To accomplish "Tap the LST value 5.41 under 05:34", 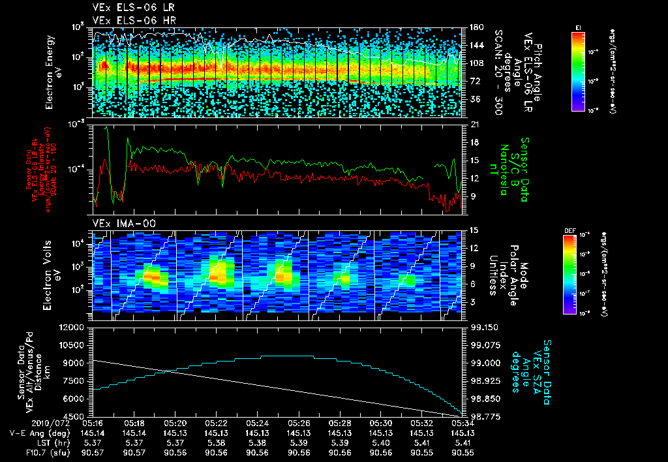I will pyautogui.click(x=462, y=442).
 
